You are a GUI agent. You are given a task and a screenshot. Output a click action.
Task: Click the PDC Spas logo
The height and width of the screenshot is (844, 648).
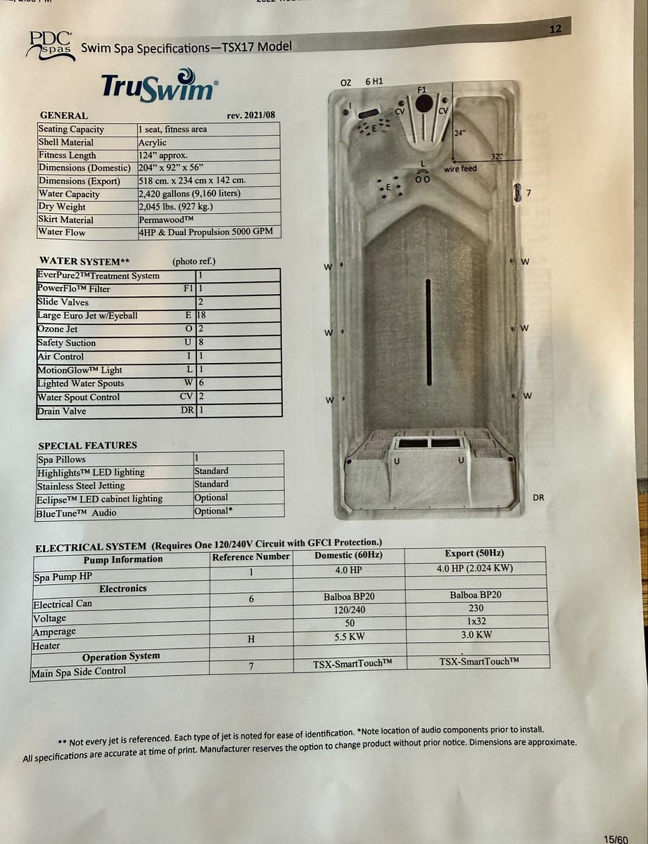coord(49,45)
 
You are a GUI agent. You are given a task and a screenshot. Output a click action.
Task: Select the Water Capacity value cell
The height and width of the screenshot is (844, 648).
coord(190,193)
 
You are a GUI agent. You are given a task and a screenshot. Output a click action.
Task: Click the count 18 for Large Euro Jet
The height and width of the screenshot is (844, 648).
coord(202,316)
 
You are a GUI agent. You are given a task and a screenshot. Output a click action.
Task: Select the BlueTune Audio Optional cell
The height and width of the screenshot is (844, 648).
coord(211,511)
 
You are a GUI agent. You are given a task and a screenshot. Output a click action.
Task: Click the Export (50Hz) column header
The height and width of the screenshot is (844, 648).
coord(474,553)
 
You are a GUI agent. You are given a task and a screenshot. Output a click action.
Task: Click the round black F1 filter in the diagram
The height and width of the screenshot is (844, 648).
coord(424,103)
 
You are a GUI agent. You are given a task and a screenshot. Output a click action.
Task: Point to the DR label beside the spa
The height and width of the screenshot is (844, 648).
coord(538,497)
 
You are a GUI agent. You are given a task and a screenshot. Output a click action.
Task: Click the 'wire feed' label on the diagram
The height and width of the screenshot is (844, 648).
coord(459,169)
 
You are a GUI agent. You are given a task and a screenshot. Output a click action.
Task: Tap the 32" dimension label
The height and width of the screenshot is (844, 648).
coord(497,157)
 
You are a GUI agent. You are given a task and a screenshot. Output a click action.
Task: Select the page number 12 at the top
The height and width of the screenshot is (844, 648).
coord(554,30)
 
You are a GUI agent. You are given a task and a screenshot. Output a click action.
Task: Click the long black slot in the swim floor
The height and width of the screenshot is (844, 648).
coord(428,331)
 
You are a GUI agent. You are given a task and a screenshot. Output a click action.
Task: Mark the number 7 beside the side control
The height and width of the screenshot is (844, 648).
coord(528,192)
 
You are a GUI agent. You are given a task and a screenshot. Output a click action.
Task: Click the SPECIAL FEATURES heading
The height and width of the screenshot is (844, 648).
coord(88,445)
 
